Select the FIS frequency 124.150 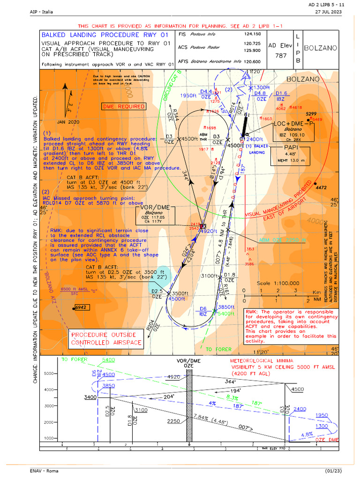(x=252, y=35)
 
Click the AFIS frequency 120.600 (x=252, y=61)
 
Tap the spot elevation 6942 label (x=81, y=307)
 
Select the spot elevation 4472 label (x=321, y=188)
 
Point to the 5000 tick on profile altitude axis (x=50, y=374)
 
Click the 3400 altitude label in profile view (x=90, y=397)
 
